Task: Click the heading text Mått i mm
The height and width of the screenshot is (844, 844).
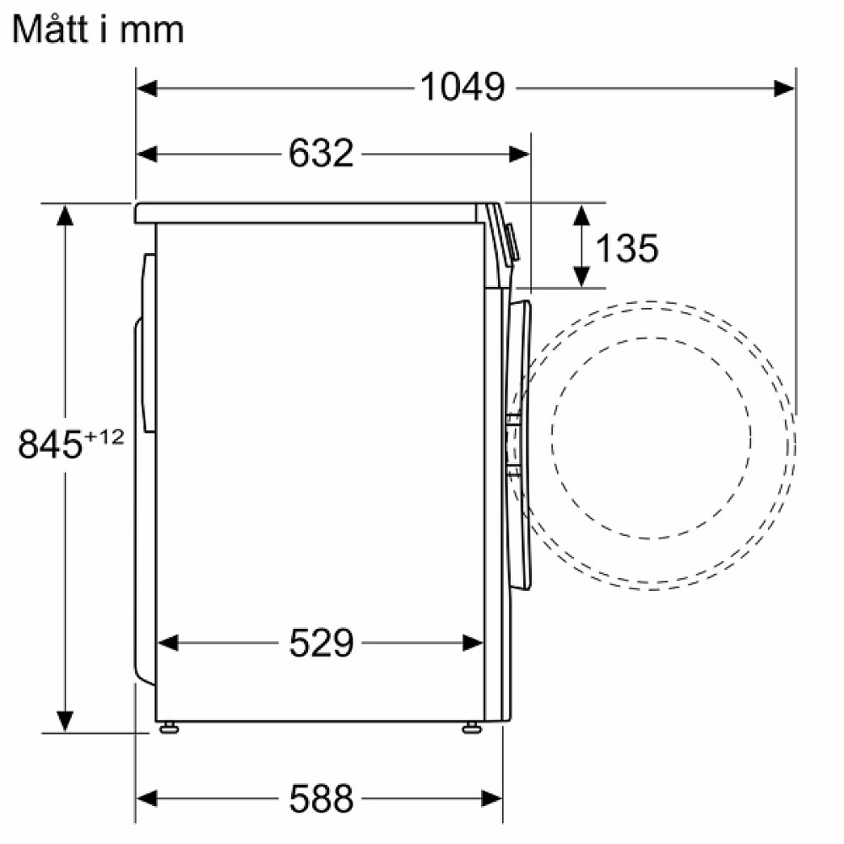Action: point(98,30)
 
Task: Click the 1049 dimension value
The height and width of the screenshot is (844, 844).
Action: point(462,87)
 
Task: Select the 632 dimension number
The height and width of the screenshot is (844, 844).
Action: point(320,154)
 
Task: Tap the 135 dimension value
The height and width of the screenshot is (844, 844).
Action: point(626,247)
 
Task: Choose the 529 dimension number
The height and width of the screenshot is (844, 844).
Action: point(321,643)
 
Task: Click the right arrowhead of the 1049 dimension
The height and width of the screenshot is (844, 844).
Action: point(784,87)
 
